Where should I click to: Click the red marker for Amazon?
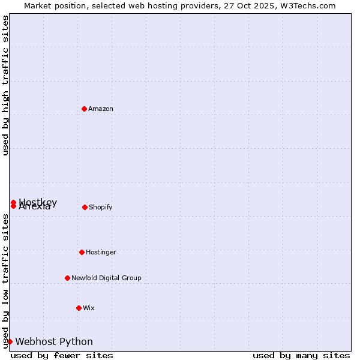(84, 109)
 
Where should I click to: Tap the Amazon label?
(101, 109)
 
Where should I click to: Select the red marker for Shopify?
(85, 207)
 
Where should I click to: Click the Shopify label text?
(100, 208)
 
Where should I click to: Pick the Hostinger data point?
(82, 252)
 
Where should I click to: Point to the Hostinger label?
(101, 253)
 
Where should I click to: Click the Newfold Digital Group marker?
(67, 278)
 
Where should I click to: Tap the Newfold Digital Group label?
(106, 278)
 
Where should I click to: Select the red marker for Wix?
(79, 308)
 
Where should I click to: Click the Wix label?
(89, 308)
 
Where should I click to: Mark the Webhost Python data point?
(10, 341)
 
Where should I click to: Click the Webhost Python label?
(54, 342)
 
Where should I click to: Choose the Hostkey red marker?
(13, 202)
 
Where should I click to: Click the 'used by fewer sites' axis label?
(62, 355)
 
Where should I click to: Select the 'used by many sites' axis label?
(301, 355)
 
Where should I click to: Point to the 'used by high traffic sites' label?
(6, 85)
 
